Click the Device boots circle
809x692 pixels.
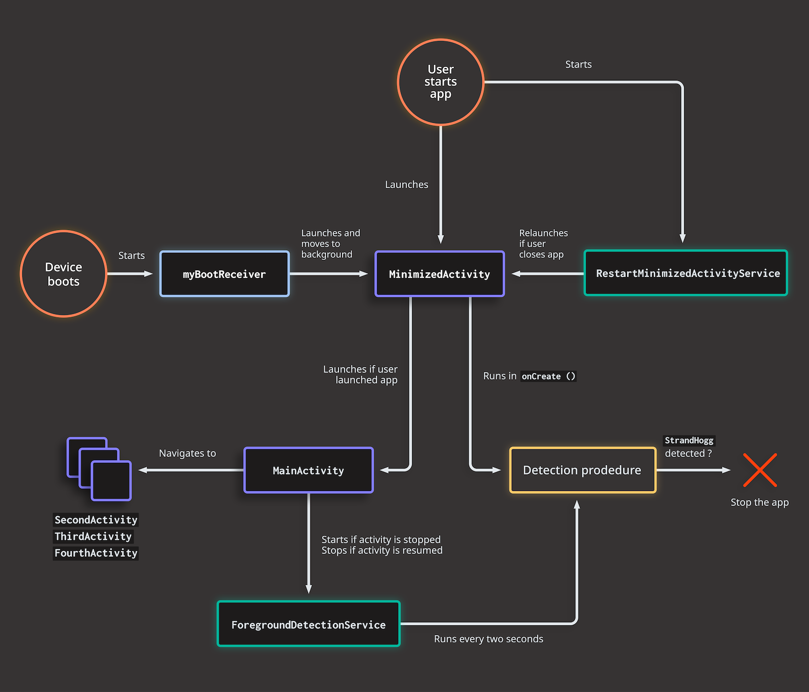coord(64,274)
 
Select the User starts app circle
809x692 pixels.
coord(440,82)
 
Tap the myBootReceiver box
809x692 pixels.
coord(224,274)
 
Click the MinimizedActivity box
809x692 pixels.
coord(439,274)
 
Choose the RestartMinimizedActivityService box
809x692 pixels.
coord(686,273)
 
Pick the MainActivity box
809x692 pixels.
coord(308,471)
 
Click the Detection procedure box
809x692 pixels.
coord(582,470)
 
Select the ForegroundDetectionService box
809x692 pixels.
coord(308,624)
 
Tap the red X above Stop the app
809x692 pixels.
coord(760,470)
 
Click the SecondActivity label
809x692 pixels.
coord(96,520)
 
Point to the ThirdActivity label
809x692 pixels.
coord(93,536)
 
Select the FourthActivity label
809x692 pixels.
coord(96,553)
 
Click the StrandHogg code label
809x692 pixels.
coord(689,440)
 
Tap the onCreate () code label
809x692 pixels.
coord(549,376)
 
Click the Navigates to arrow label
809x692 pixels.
coord(188,453)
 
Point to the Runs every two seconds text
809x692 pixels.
coord(488,639)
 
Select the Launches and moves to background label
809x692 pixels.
coord(331,244)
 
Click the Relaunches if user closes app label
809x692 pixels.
coord(543,244)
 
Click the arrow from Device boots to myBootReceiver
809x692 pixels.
coord(130,274)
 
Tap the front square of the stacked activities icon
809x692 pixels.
coord(111,481)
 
